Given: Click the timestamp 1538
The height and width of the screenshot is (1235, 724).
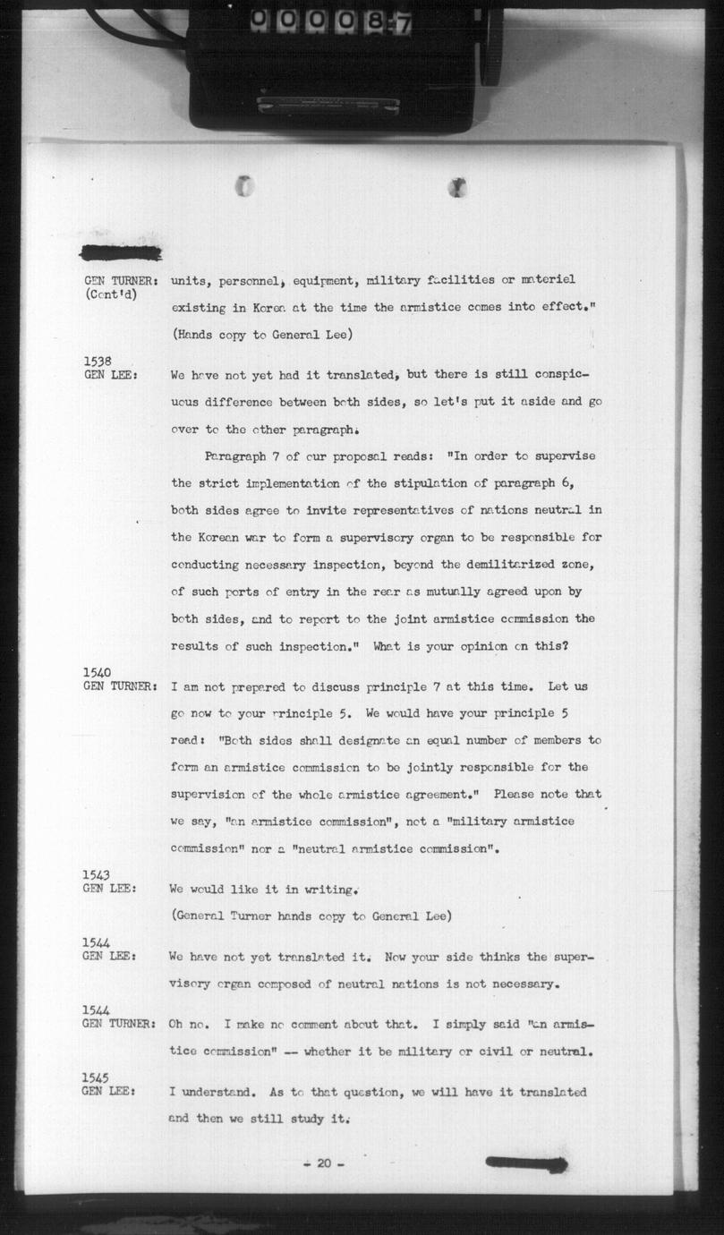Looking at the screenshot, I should pos(97,361).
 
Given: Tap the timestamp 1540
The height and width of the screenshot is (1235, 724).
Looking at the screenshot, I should pos(97,672).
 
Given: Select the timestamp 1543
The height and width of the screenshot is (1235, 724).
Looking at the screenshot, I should pos(97,874).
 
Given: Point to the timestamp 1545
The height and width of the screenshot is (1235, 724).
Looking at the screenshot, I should pos(97,1077).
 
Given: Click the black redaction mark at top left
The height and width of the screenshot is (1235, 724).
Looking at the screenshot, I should pos(121,253).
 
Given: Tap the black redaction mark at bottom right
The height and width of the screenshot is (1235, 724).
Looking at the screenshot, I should pos(526,1164).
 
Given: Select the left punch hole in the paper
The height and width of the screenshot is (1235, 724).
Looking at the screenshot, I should pos(244,186).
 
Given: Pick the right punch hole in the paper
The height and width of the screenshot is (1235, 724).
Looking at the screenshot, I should pos(458,187).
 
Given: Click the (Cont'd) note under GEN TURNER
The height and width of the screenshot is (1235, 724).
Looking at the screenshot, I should pos(111,294).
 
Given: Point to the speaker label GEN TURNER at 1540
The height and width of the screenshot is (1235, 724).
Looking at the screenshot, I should pos(121,686).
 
